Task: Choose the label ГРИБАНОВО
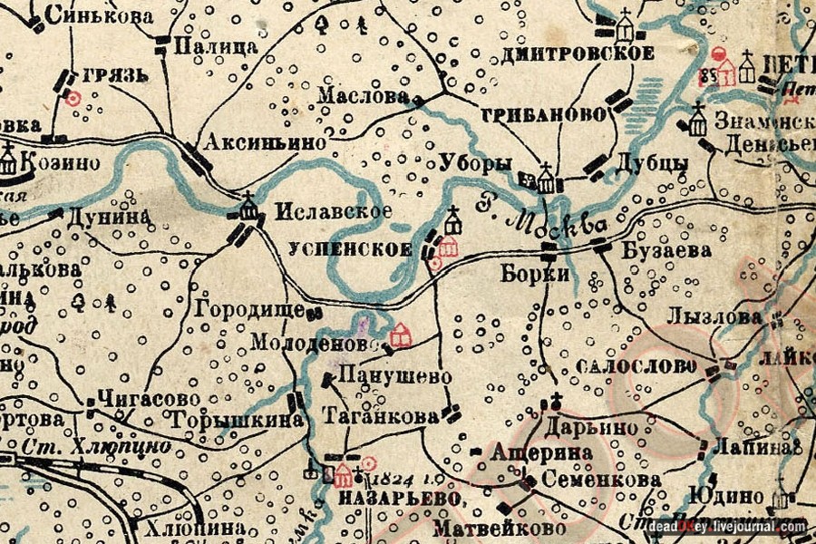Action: coord(543,115)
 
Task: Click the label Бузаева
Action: coord(667,251)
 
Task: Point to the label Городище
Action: coord(248,308)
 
